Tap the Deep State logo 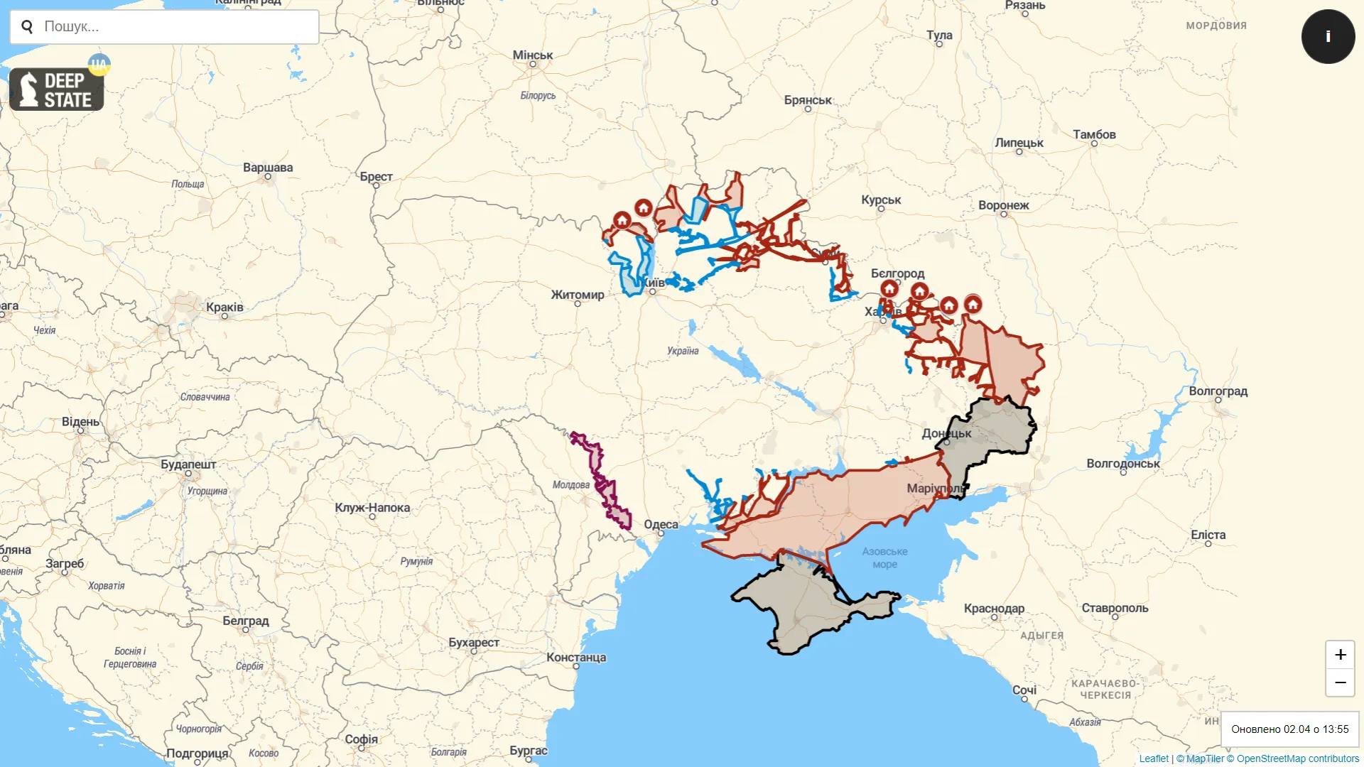(x=57, y=89)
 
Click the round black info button (x=1328, y=36)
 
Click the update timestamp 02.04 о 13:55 (x=1289, y=729)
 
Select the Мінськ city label (x=533, y=55)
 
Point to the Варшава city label (x=268, y=168)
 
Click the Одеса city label (x=661, y=525)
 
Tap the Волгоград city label (x=1218, y=391)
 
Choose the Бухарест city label (x=474, y=643)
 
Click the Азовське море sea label (x=884, y=557)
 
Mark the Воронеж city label (x=1003, y=205)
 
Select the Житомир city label (x=578, y=295)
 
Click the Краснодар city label (x=994, y=609)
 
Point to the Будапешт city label (x=188, y=464)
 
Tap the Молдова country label (x=571, y=485)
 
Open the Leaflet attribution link (x=1154, y=758)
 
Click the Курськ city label (x=881, y=200)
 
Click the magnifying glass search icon (x=28, y=27)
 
